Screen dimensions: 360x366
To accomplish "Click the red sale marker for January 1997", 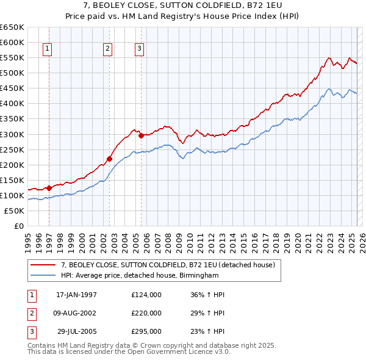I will tap(49, 188).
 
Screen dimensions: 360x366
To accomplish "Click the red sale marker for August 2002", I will tap(110, 159).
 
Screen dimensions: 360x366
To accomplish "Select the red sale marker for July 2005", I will tap(141, 135).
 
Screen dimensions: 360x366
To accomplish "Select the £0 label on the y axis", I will tap(18, 226).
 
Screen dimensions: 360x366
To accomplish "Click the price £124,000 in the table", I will tap(146, 295).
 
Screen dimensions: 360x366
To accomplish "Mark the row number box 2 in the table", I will tap(30, 313).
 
